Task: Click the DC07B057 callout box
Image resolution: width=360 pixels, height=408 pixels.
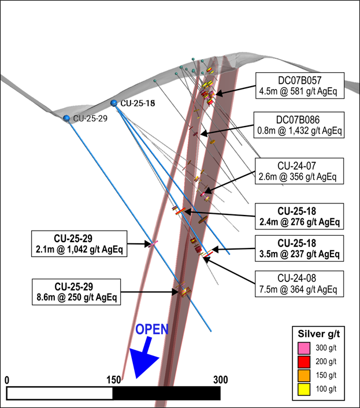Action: click(300, 84)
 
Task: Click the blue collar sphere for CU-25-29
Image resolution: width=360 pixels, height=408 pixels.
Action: click(67, 118)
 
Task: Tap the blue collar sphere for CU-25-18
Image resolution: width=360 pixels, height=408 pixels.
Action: click(114, 103)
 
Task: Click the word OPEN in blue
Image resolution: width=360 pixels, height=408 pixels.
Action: click(152, 330)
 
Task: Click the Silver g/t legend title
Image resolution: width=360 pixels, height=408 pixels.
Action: click(321, 334)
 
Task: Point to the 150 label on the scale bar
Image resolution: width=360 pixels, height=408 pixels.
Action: click(113, 380)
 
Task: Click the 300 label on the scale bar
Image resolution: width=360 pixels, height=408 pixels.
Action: click(220, 380)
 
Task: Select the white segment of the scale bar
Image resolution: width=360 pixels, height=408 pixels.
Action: click(60, 393)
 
